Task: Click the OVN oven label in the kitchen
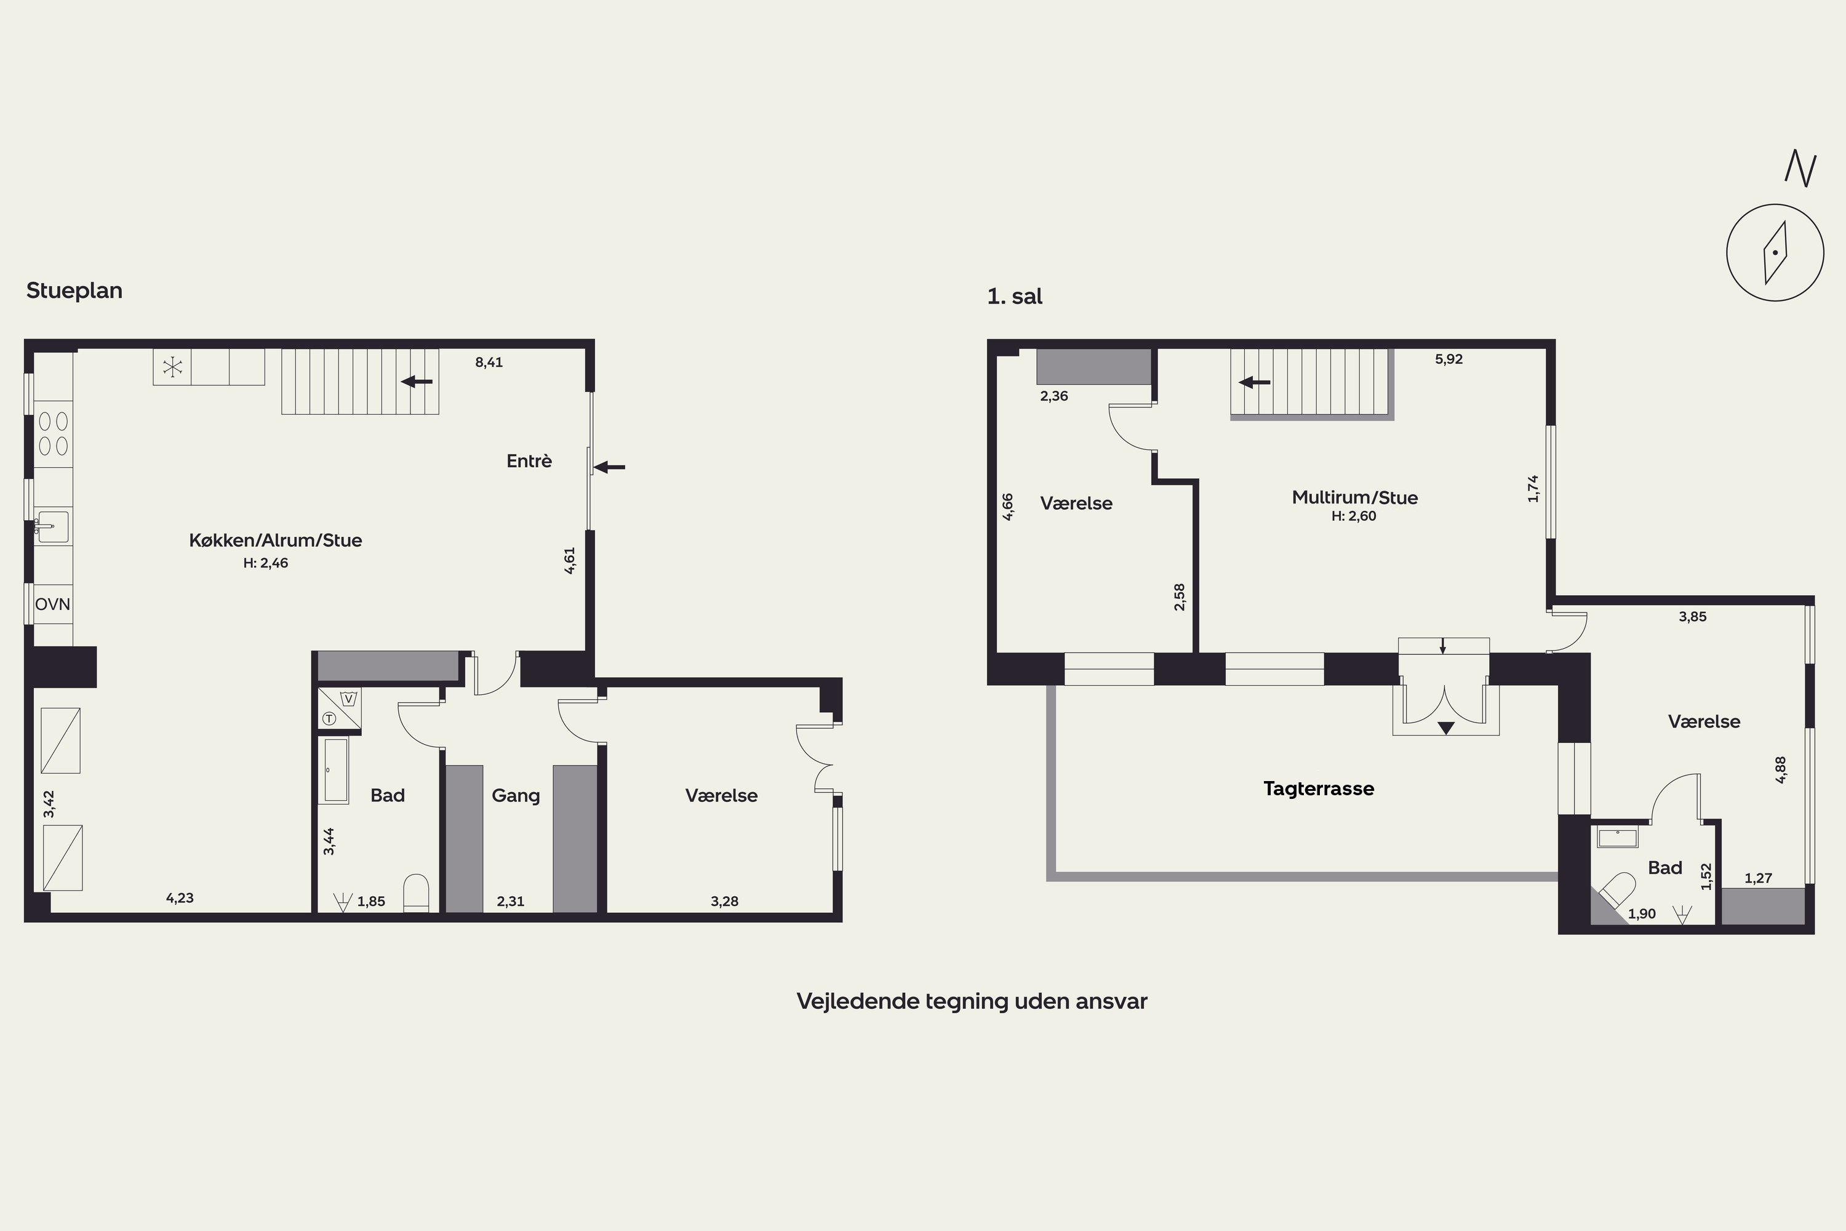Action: (x=52, y=604)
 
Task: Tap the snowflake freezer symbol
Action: (x=172, y=367)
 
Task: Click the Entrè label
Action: (x=529, y=461)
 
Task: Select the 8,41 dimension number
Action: (x=489, y=363)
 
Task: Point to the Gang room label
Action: (x=516, y=796)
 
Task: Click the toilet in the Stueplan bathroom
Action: (x=416, y=894)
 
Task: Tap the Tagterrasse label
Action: (x=1319, y=789)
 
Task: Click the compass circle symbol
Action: (x=1775, y=253)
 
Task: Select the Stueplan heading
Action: (x=74, y=291)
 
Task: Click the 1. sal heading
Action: (x=1015, y=297)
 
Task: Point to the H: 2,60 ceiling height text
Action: (x=1354, y=516)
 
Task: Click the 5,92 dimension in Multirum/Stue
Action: (x=1449, y=359)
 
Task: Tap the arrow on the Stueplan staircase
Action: (x=417, y=382)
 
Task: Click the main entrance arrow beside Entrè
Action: (x=609, y=467)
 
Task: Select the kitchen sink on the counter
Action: (x=52, y=527)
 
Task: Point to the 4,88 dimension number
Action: (x=1781, y=769)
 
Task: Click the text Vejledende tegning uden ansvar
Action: (x=972, y=1001)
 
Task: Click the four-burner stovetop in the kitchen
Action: (x=52, y=434)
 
